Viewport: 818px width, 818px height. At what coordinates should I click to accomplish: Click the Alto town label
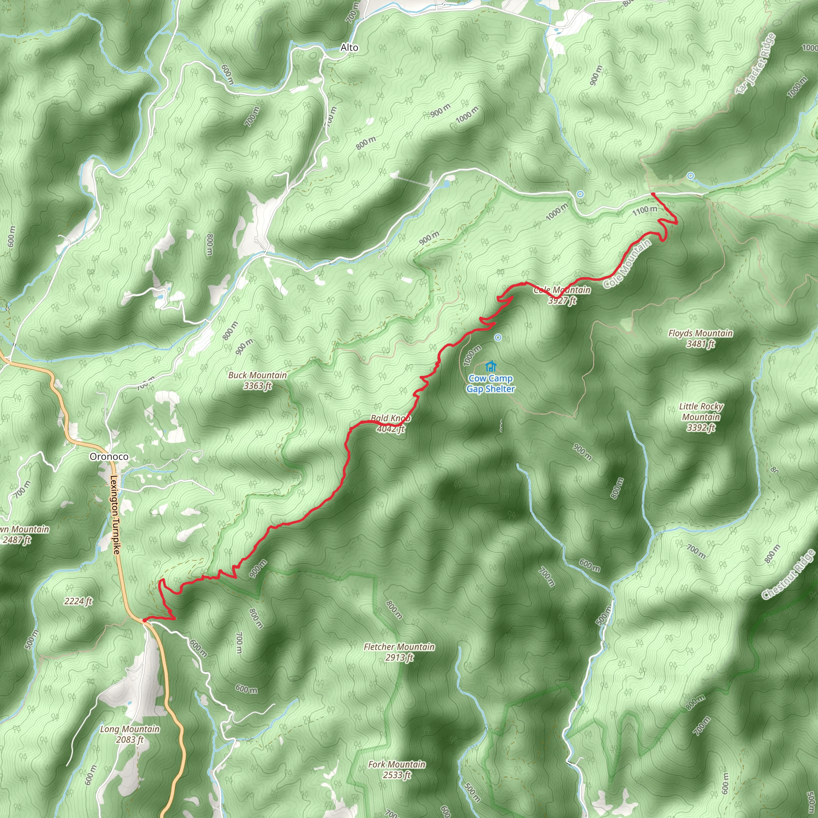point(349,48)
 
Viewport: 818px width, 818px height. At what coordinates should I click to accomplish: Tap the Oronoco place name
point(109,457)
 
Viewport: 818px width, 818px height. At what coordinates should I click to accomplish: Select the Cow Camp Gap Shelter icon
point(491,366)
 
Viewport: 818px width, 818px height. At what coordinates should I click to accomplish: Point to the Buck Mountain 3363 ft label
point(258,380)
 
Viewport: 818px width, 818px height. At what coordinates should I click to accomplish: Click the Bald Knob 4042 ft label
point(391,423)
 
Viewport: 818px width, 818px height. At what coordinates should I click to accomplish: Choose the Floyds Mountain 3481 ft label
point(700,338)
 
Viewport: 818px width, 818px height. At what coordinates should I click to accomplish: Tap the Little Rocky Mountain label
point(701,417)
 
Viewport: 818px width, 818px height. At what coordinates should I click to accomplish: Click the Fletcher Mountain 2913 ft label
point(399,652)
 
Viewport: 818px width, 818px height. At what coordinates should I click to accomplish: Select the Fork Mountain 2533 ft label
point(397,769)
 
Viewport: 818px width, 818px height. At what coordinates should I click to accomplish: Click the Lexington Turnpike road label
point(115,515)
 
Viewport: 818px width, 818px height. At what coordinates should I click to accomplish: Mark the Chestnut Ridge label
point(788,574)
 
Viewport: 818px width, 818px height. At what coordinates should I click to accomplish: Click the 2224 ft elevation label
point(78,601)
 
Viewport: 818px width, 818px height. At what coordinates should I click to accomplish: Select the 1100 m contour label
point(645,210)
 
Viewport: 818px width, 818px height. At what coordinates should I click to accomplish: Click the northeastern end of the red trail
point(653,194)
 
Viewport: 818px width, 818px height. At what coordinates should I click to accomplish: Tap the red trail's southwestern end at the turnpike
point(144,620)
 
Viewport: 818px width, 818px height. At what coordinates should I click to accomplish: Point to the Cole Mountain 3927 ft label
point(562,295)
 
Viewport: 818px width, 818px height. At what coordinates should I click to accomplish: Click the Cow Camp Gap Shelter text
point(491,383)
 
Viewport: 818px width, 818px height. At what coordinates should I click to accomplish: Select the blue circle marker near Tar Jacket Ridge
point(691,176)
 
